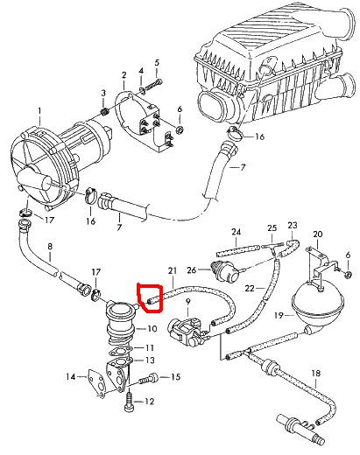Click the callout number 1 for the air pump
tap(39, 111)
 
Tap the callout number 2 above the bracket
tap(124, 75)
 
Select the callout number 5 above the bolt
tap(157, 63)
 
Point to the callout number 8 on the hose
tap(50, 247)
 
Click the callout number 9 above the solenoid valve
tap(187, 302)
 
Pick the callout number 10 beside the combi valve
tap(152, 329)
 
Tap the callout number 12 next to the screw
tap(149, 402)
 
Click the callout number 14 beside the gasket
tap(71, 377)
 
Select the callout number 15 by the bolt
tap(175, 377)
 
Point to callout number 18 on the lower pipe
tap(315, 373)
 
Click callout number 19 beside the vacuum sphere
tap(279, 315)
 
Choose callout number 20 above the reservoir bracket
tap(318, 234)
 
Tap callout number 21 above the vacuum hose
tap(173, 271)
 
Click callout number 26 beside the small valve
tap(192, 270)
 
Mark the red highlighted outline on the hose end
tap(151, 297)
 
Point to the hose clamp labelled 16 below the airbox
tap(235, 133)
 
